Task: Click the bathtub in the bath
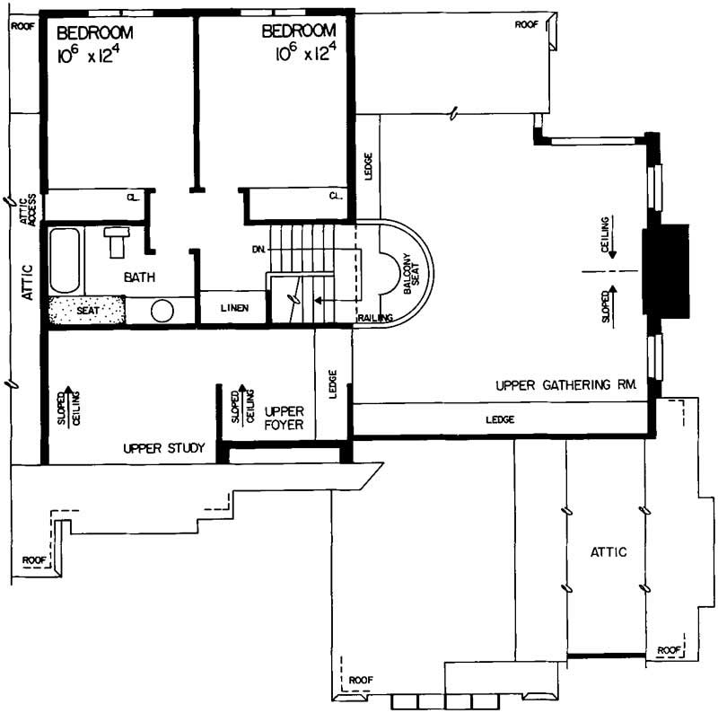64,260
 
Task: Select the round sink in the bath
162,311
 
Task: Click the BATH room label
140,278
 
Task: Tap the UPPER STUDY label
164,447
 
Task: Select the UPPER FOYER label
284,418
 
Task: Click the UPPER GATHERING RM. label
566,384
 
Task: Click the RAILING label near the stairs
374,318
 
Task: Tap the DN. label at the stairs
260,249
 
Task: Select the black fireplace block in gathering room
665,269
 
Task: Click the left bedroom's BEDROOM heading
95,32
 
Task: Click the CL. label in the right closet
336,196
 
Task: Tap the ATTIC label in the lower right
608,551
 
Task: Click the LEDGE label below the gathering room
500,419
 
